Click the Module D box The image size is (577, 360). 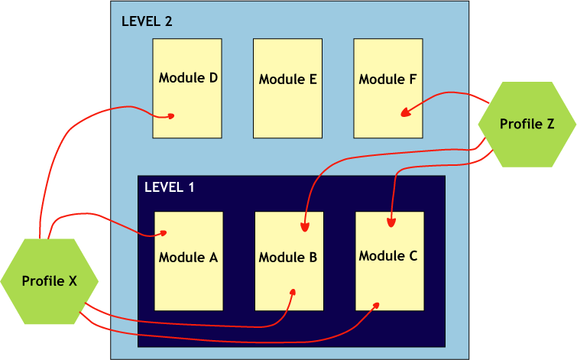click(x=187, y=88)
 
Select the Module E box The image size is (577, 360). click(x=287, y=88)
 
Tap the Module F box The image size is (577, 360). click(x=387, y=88)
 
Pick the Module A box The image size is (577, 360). click(x=189, y=261)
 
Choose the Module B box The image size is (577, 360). click(x=289, y=261)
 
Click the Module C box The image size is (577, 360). click(x=390, y=261)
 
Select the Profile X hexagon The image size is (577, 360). click(x=50, y=281)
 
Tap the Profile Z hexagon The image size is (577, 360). click(x=527, y=124)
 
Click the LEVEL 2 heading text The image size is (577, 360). click(x=147, y=21)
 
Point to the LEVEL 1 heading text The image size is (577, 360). click(x=170, y=187)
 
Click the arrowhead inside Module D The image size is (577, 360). click(x=172, y=116)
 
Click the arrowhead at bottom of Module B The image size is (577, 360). click(x=293, y=292)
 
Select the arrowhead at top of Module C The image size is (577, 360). click(x=391, y=224)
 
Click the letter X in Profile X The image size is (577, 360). click(x=73, y=281)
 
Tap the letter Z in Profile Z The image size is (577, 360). click(x=550, y=124)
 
